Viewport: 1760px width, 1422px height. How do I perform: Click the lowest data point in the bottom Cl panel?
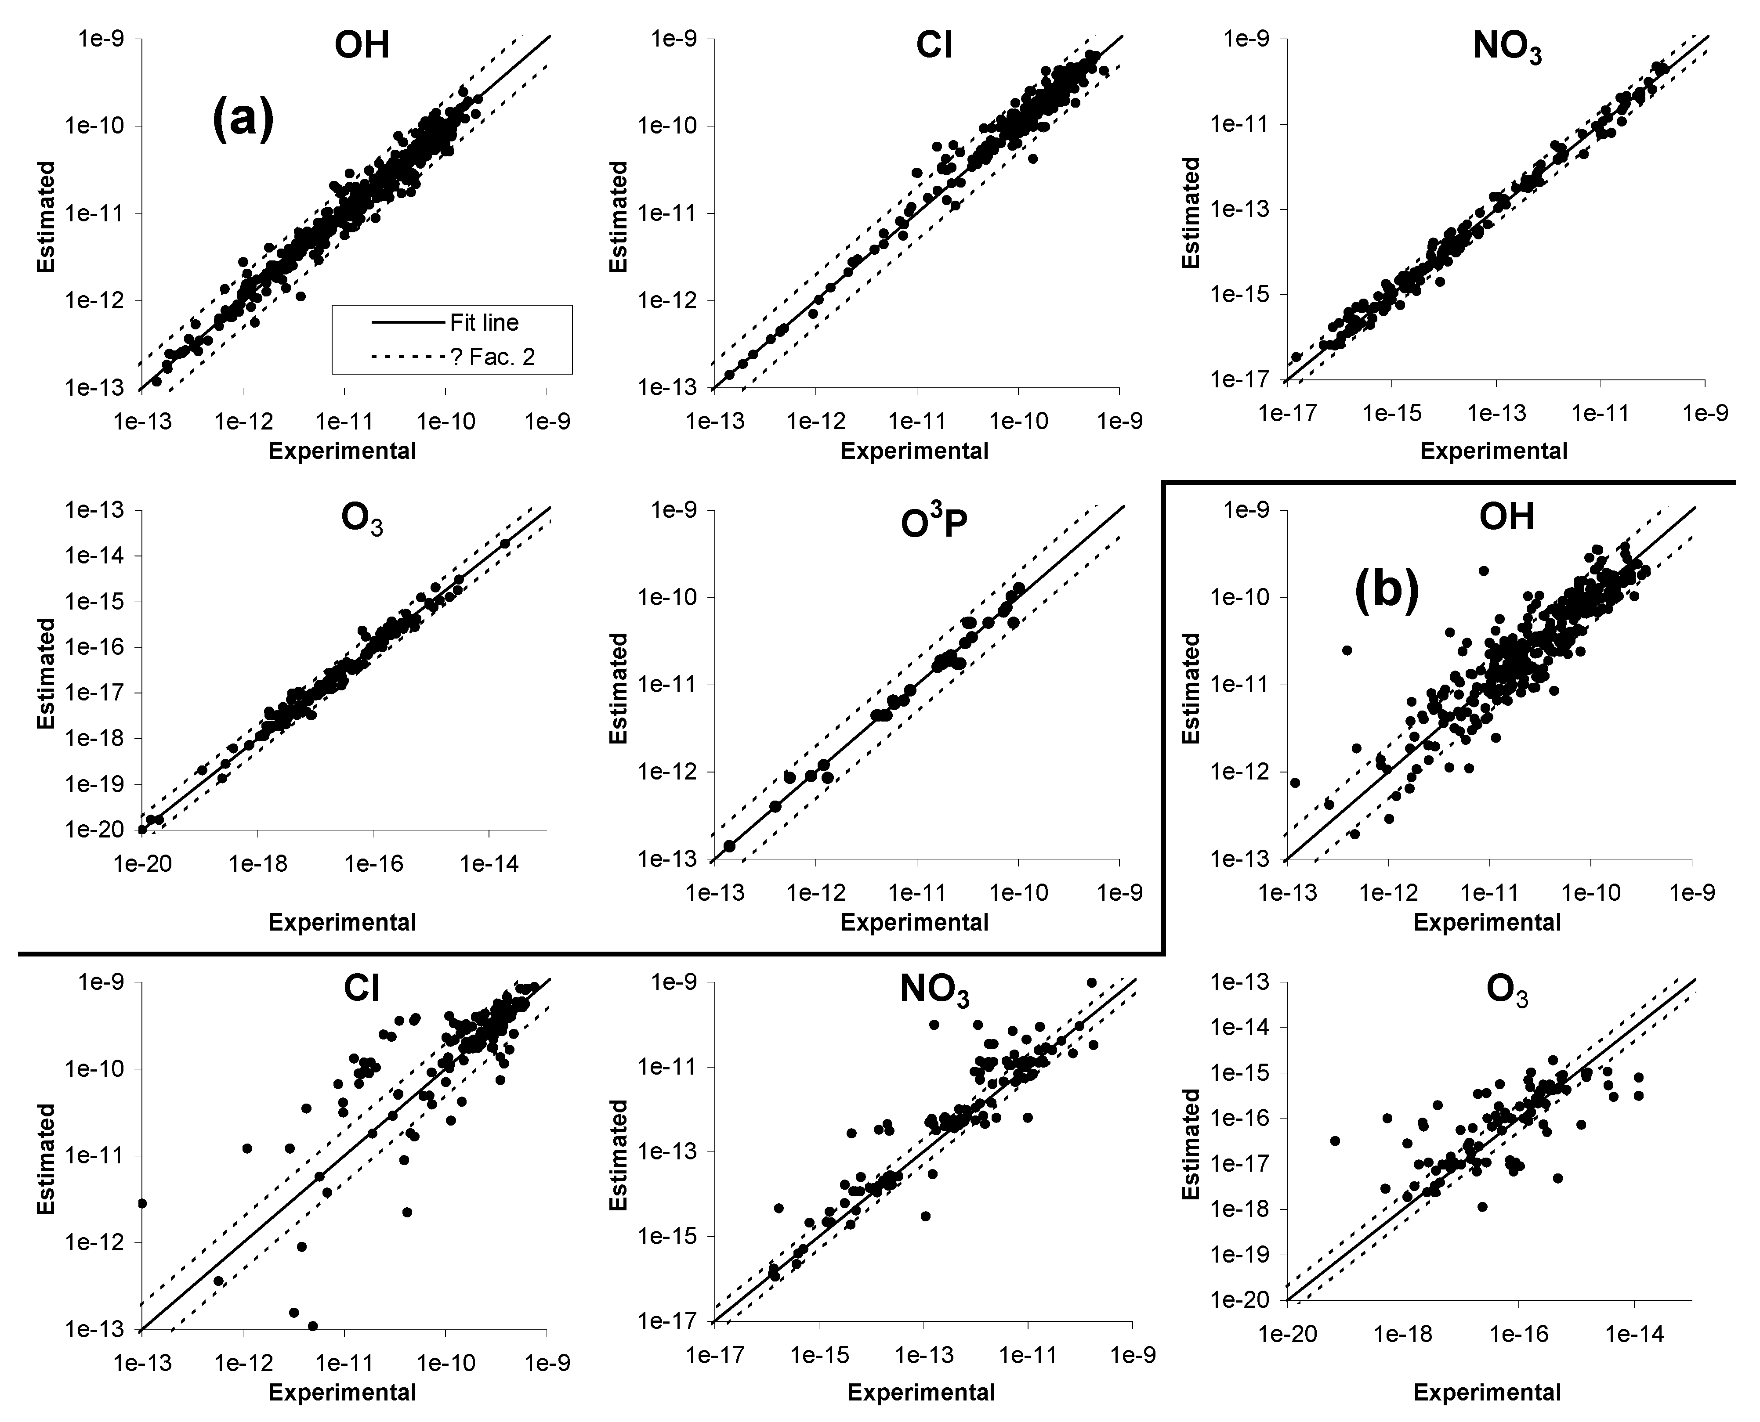pos(313,1325)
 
